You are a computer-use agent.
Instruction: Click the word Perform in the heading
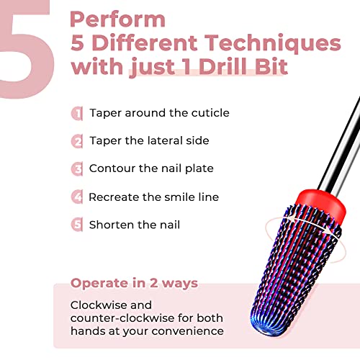(117, 19)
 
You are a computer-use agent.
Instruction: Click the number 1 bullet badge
(77, 113)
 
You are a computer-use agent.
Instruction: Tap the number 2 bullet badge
(77, 141)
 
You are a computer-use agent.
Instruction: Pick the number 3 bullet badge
(77, 169)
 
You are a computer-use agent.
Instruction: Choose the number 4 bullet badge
(77, 197)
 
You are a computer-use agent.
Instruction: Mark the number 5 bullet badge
(77, 225)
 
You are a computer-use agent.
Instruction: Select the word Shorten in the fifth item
(112, 225)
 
